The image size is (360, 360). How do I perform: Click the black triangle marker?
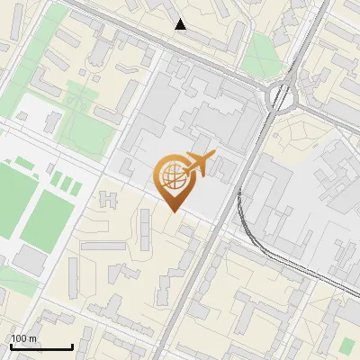point(181,24)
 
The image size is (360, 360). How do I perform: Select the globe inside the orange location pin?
point(172,175)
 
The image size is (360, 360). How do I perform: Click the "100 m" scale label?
point(24,337)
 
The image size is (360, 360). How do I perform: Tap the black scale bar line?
point(41,346)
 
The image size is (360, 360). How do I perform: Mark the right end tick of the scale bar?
point(72,346)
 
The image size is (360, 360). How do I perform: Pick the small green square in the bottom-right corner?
point(347,344)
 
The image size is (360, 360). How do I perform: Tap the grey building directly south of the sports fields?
point(30,260)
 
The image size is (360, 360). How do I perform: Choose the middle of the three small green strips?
point(66,184)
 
